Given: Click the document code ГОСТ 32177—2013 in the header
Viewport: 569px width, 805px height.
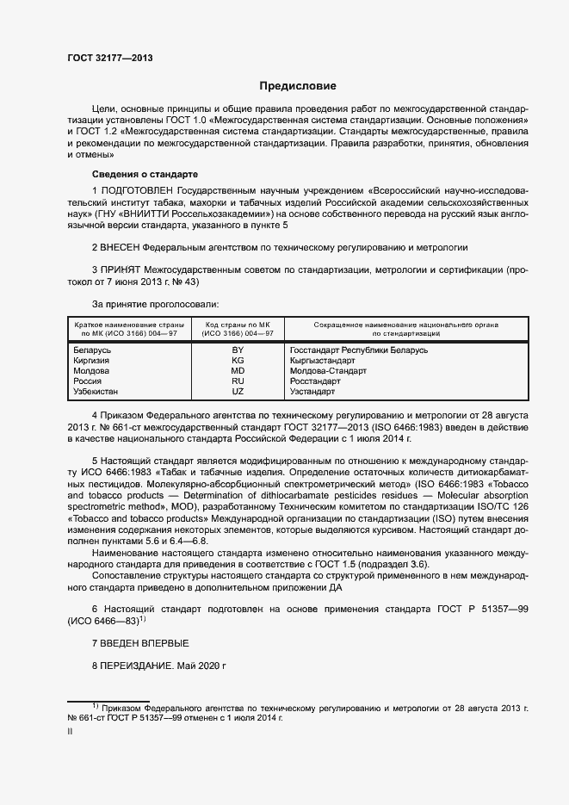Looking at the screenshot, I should pos(109,58).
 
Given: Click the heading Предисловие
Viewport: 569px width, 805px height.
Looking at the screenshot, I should pos(299,86).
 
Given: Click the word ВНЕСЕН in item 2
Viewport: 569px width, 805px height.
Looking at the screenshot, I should pos(122,246).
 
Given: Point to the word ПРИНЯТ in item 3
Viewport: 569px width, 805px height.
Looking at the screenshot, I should pos(121,269).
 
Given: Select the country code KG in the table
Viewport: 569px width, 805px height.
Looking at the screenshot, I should pos(238,361).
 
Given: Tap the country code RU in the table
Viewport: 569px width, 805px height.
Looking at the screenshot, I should pos(238,381).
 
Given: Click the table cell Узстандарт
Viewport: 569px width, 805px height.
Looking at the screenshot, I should pos(312,392).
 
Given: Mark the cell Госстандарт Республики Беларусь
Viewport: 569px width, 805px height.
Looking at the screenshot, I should pos(359,350).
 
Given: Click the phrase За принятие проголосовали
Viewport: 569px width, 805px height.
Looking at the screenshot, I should pos(155,304).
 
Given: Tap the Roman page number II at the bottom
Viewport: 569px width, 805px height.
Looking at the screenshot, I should pos(71,731).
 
